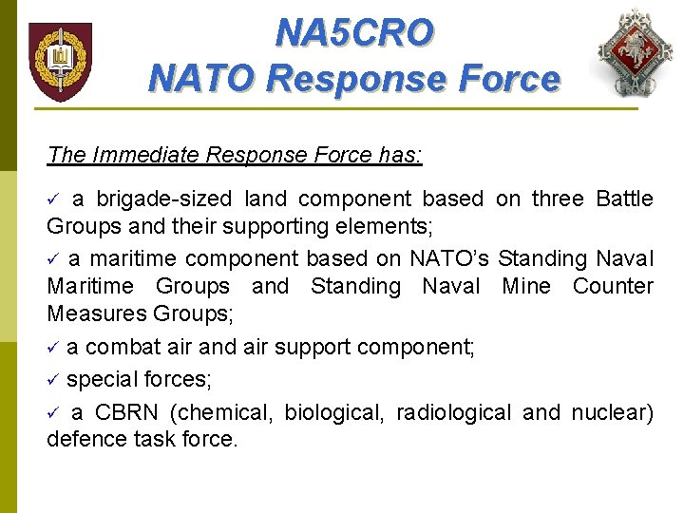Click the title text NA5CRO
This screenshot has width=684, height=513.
click(x=353, y=32)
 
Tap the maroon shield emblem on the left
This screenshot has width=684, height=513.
click(x=60, y=62)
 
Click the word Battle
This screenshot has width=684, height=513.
click(x=624, y=199)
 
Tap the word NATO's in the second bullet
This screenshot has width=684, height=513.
click(x=449, y=258)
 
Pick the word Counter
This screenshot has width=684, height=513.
click(x=613, y=287)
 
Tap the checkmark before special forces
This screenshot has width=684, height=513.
click(x=54, y=380)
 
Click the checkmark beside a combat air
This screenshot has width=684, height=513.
click(x=54, y=348)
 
